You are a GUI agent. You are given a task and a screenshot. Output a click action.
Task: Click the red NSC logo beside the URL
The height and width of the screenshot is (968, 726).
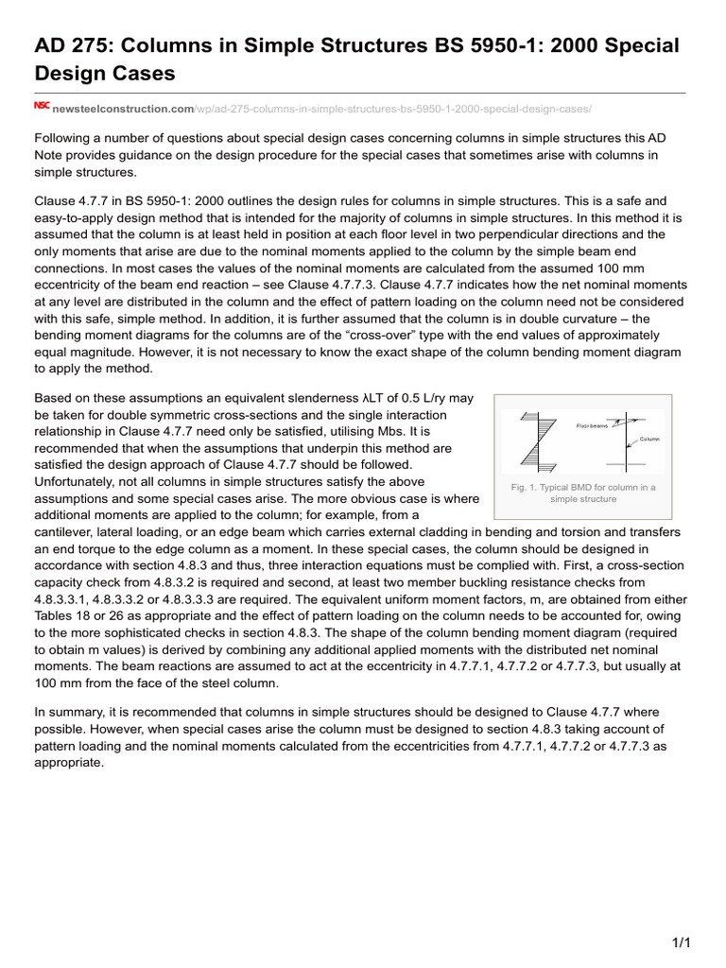42,106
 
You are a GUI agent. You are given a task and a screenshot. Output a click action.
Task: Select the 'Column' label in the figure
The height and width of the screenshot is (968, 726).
650,439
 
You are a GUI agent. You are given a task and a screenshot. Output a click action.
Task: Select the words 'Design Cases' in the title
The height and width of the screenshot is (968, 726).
105,73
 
